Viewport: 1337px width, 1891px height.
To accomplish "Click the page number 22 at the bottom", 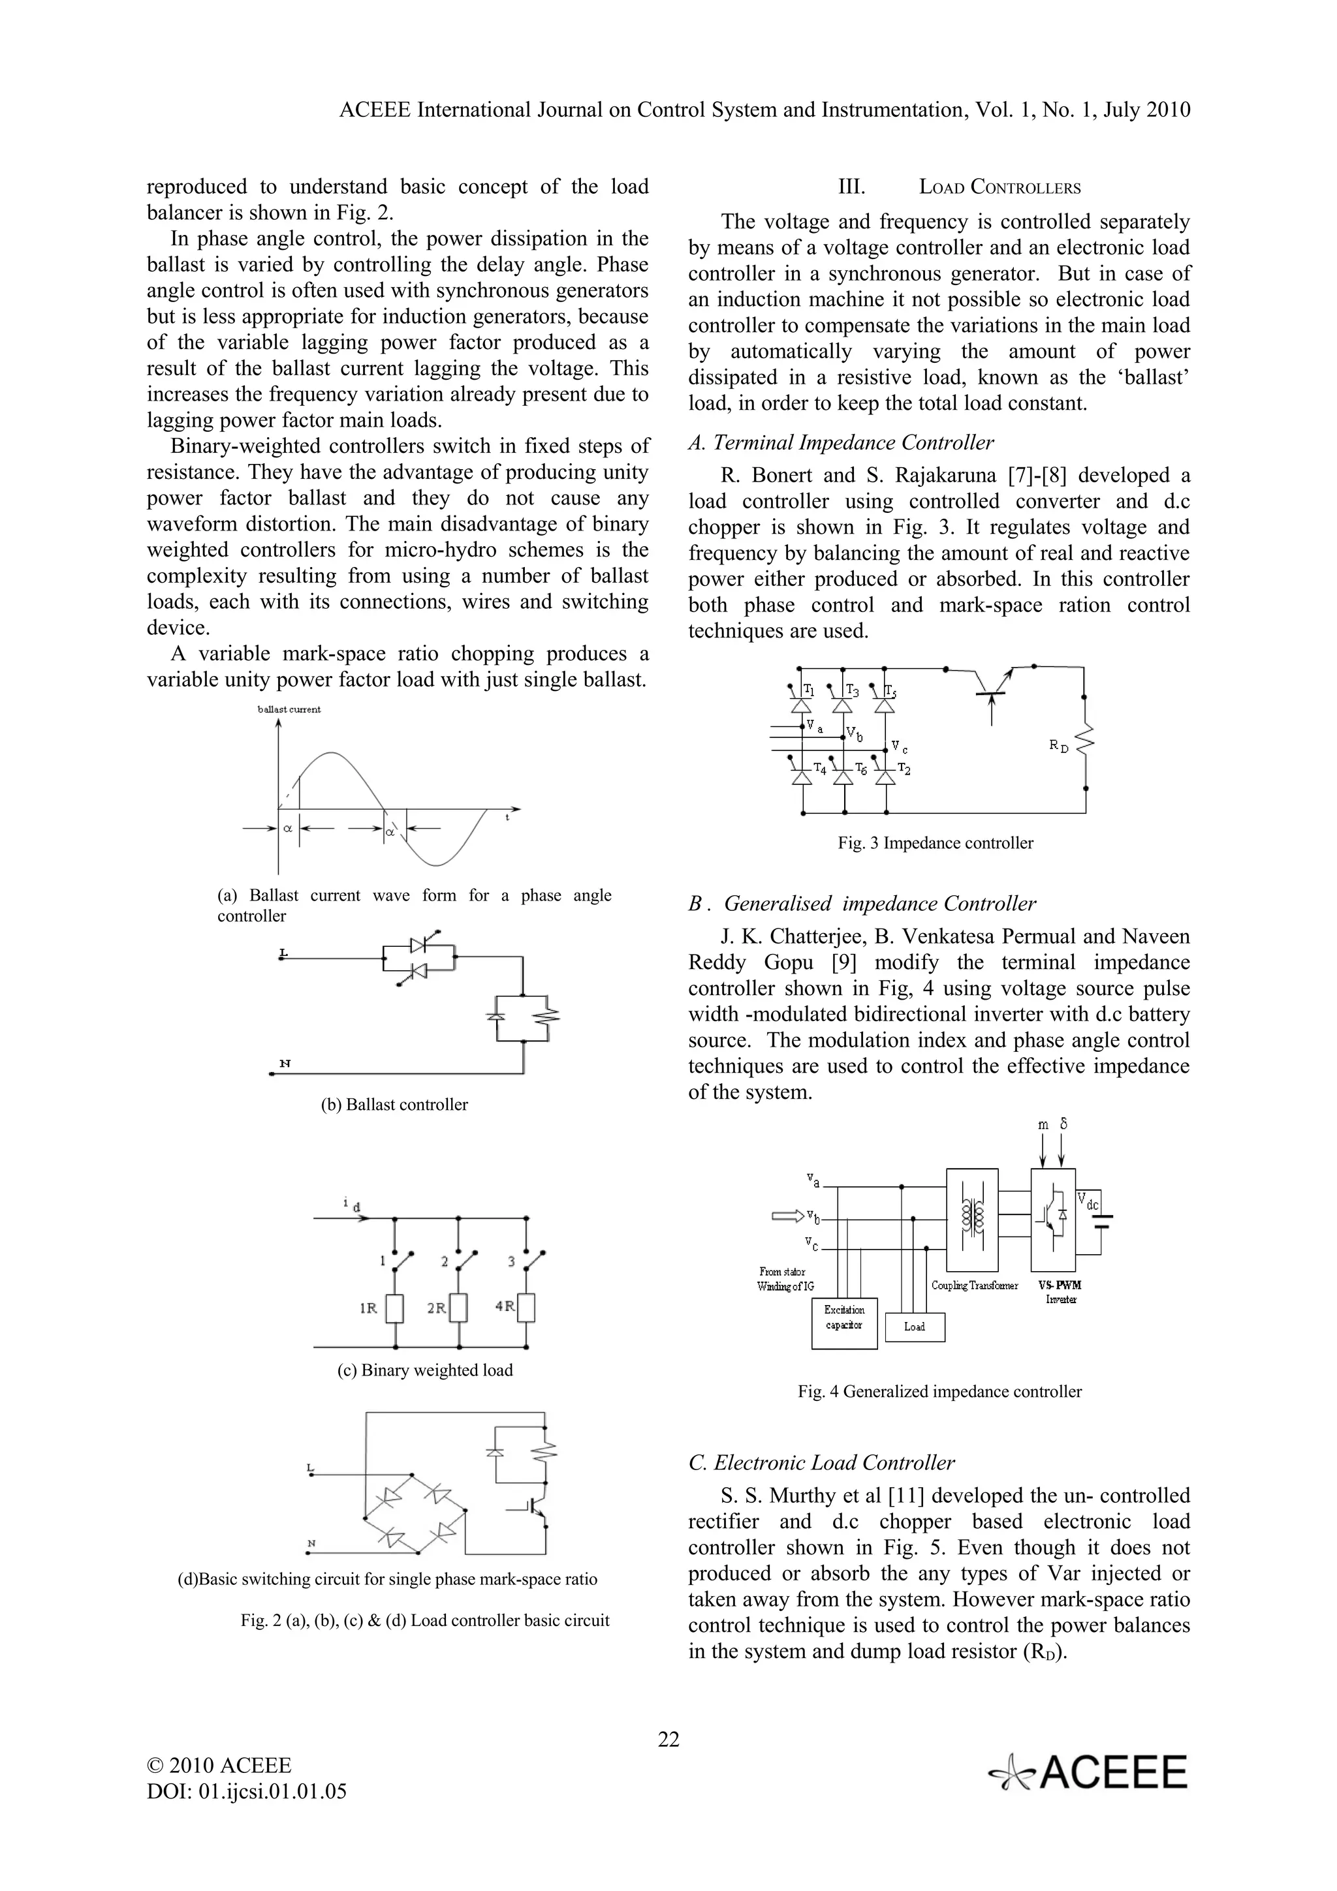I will tap(668, 1740).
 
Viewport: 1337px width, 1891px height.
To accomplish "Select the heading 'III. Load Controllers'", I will tap(959, 187).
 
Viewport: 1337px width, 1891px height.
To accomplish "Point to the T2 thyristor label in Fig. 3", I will tap(904, 769).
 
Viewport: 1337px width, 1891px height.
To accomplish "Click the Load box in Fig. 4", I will tap(915, 1327).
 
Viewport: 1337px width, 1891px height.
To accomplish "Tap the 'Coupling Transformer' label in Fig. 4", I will tap(975, 1285).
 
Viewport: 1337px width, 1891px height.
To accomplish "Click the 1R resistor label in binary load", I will tap(369, 1308).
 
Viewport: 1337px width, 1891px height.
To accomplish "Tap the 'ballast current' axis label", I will tap(289, 709).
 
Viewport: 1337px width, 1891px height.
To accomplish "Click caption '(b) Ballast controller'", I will tap(394, 1105).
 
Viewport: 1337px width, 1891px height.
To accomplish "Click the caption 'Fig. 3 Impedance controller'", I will tap(935, 842).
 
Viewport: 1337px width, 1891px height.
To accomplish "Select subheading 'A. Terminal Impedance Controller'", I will tap(841, 442).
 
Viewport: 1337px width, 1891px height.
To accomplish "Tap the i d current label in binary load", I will tap(352, 1205).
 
